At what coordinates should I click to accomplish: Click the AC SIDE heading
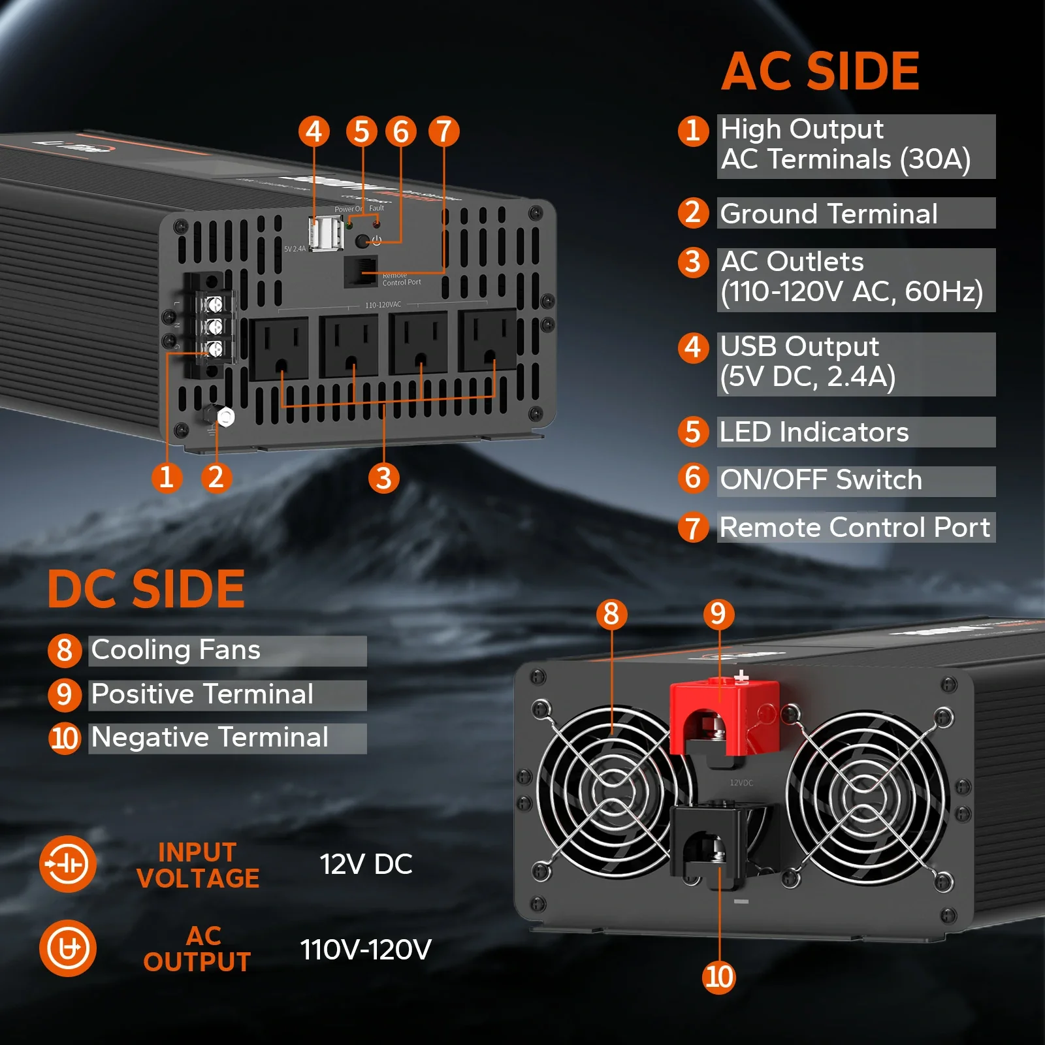coord(820,71)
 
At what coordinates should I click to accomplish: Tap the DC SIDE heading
coord(146,588)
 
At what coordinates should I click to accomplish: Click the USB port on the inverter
coord(326,233)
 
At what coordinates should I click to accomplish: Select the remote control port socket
coord(360,271)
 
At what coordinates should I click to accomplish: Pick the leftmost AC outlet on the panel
coord(279,347)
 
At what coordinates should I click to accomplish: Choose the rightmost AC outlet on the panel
coord(487,340)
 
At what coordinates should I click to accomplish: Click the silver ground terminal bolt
coord(225,417)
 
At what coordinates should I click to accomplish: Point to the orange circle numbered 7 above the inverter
coord(443,131)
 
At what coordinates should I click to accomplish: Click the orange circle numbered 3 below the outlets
coord(384,478)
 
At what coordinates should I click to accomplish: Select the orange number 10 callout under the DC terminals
coord(719,977)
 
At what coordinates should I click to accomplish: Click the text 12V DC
coord(366,864)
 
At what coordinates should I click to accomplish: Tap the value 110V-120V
coord(366,949)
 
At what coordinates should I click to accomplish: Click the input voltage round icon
coord(68,864)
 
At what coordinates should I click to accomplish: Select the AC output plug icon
coord(68,948)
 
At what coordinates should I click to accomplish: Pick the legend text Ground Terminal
coord(828,214)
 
